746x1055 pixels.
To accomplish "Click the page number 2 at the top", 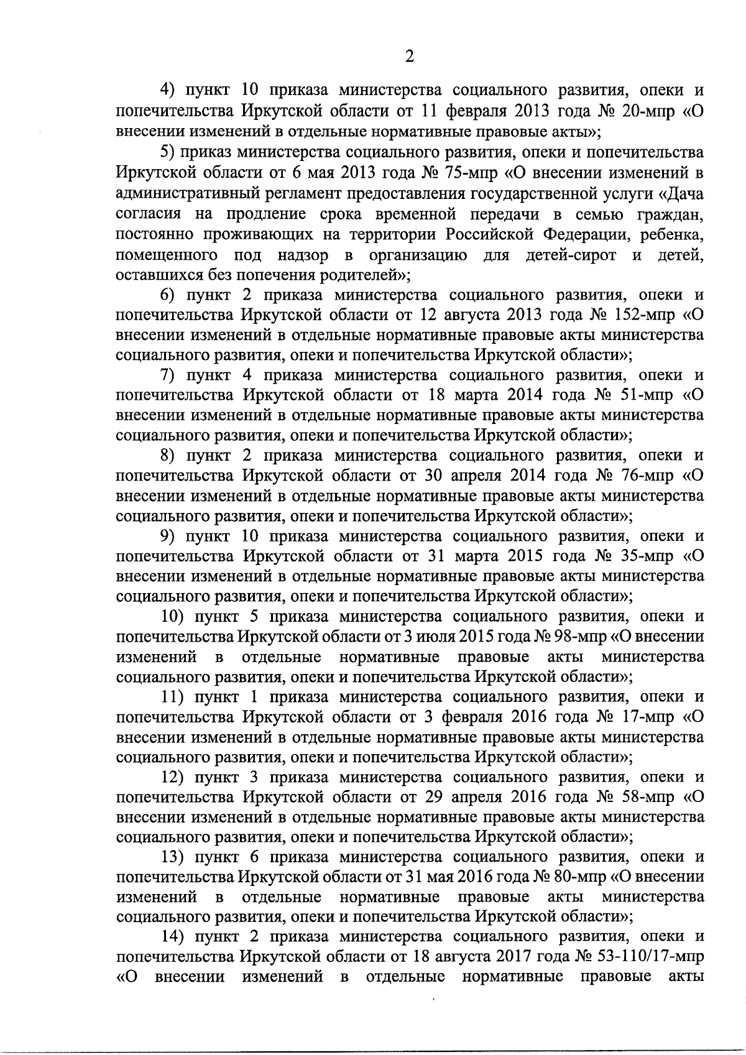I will [408, 57].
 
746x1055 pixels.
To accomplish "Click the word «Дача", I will [681, 193].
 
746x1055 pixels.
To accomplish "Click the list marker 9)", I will [170, 536].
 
